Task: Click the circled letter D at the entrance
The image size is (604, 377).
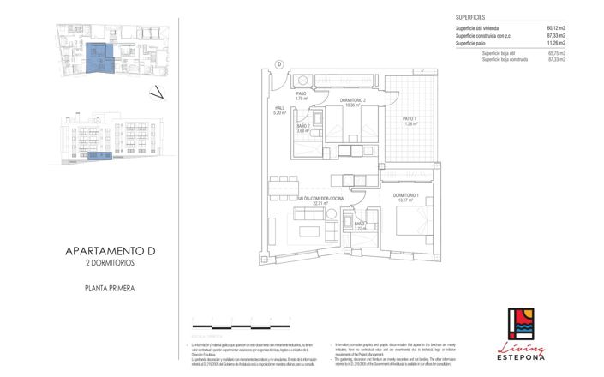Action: click(x=279, y=64)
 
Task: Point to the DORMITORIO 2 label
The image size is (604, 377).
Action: click(x=353, y=103)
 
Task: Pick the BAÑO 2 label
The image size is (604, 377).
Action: click(x=302, y=129)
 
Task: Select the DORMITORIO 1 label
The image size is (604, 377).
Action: click(x=405, y=198)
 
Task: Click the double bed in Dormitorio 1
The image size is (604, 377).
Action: click(x=408, y=223)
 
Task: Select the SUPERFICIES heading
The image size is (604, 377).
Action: click(x=472, y=17)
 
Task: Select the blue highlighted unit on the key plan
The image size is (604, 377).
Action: click(x=100, y=57)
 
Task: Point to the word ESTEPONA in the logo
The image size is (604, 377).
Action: click(x=521, y=359)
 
